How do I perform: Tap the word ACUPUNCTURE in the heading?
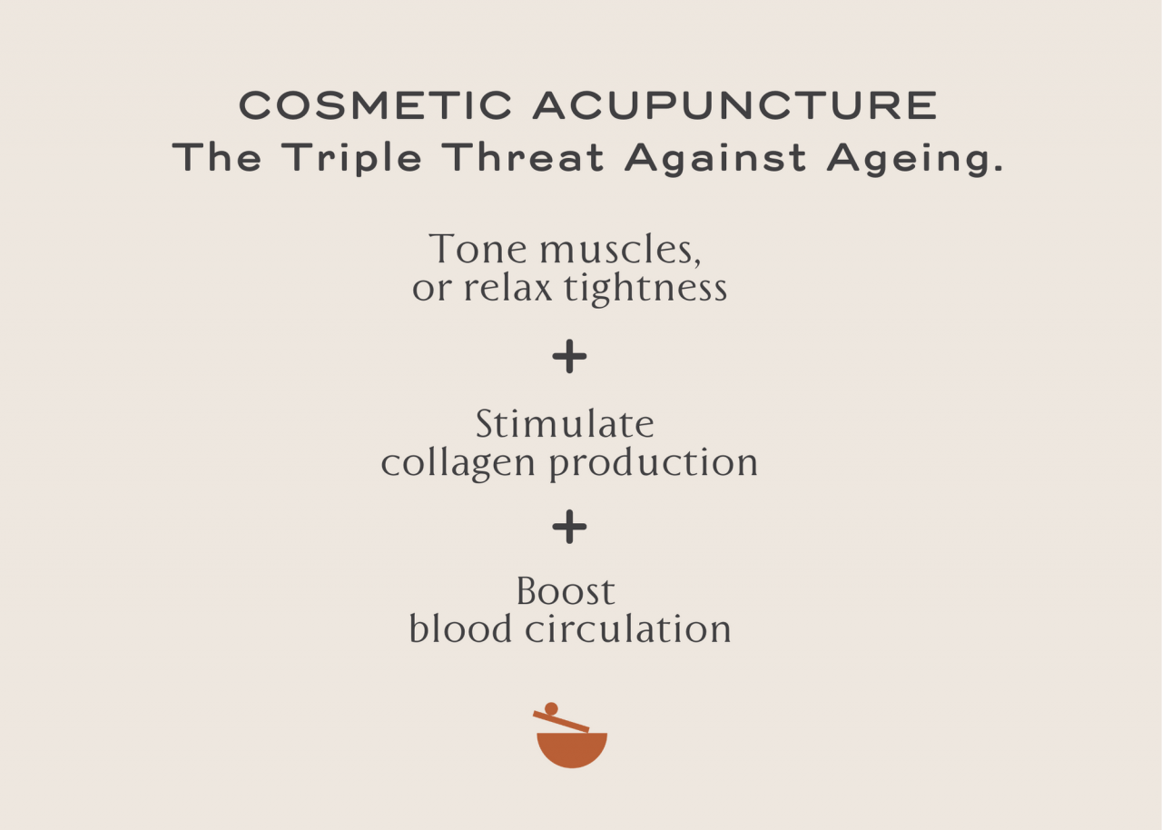coord(734,106)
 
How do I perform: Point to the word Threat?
coord(525,158)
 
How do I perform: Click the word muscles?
coord(620,251)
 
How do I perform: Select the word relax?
coord(508,289)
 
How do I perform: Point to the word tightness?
coord(645,289)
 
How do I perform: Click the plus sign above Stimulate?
coord(569,358)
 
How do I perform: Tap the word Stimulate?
coord(565,424)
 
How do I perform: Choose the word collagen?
coord(459,464)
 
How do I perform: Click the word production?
coord(653,464)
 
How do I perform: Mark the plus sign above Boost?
coord(569,527)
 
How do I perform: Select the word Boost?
coord(566,592)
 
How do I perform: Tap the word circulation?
coord(628,629)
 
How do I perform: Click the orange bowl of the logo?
coord(572,748)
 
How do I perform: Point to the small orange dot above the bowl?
coord(551,708)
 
